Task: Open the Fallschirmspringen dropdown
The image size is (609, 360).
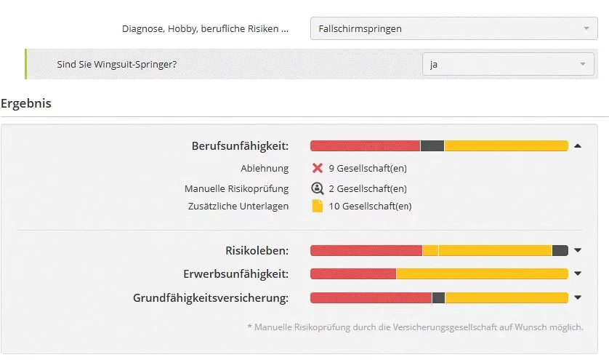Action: pyautogui.click(x=453, y=29)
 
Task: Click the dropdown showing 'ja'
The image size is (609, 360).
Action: pyautogui.click(x=508, y=64)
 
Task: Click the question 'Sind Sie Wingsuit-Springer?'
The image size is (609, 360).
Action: pyautogui.click(x=117, y=64)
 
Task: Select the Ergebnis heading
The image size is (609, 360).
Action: pyautogui.click(x=26, y=103)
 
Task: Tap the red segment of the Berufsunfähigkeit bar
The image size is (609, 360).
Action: pyautogui.click(x=365, y=146)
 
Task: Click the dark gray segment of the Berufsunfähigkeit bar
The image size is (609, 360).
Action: pyautogui.click(x=432, y=146)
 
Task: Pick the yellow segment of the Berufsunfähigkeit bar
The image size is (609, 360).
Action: pyautogui.click(x=506, y=146)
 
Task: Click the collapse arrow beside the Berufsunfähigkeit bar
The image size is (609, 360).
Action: pyautogui.click(x=578, y=146)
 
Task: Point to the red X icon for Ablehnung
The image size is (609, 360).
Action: pyautogui.click(x=317, y=169)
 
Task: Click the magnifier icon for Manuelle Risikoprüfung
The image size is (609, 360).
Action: pyautogui.click(x=317, y=188)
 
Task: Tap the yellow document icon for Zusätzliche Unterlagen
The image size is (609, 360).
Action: pyautogui.click(x=317, y=206)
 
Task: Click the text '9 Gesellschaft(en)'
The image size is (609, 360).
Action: pyautogui.click(x=367, y=169)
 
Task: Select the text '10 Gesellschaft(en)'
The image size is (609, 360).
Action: pyautogui.click(x=370, y=206)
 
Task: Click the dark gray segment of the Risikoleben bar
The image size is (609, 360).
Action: pyautogui.click(x=560, y=251)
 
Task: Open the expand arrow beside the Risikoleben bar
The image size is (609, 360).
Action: pyautogui.click(x=578, y=251)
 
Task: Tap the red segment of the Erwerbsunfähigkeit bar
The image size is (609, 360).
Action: pyautogui.click(x=352, y=274)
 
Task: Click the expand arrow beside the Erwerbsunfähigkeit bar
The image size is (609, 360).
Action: pyautogui.click(x=578, y=274)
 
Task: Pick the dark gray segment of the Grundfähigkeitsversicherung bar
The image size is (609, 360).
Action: pyautogui.click(x=438, y=297)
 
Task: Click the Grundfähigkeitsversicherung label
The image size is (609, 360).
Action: pyautogui.click(x=211, y=297)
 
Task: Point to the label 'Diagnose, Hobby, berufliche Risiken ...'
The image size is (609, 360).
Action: pyautogui.click(x=205, y=29)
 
